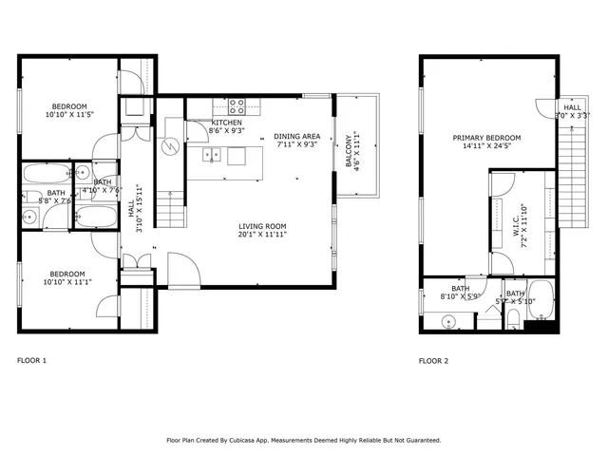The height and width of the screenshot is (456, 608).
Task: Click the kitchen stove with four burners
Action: [236, 105]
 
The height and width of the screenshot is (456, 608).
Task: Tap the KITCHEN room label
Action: [226, 123]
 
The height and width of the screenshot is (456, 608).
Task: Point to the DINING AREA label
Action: [295, 136]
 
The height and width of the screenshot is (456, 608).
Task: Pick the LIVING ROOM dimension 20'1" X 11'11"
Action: [262, 234]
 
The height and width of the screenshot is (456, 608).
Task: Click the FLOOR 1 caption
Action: [31, 360]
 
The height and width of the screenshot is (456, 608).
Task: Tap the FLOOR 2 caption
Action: [434, 360]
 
